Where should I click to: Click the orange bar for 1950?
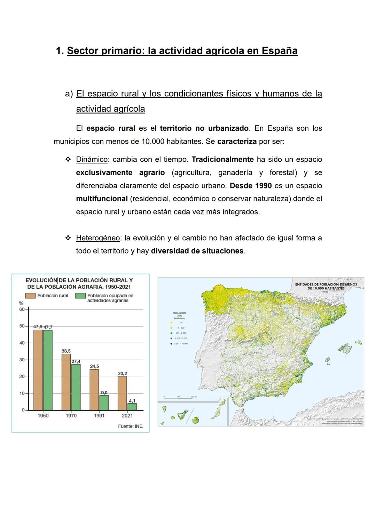38,370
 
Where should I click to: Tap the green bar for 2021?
132,407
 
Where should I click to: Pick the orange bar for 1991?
94,389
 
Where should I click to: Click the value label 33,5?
66,351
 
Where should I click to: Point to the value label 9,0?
104,393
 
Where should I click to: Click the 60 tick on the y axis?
22,309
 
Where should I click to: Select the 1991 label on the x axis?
99,416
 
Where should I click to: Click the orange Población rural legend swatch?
30,296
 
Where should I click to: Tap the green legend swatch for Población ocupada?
80,296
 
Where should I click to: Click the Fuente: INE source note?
131,426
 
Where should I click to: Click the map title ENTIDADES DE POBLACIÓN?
326,286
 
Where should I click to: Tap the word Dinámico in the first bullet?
92,159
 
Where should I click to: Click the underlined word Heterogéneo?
98,238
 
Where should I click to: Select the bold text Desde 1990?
251,186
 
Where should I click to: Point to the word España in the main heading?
280,51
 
